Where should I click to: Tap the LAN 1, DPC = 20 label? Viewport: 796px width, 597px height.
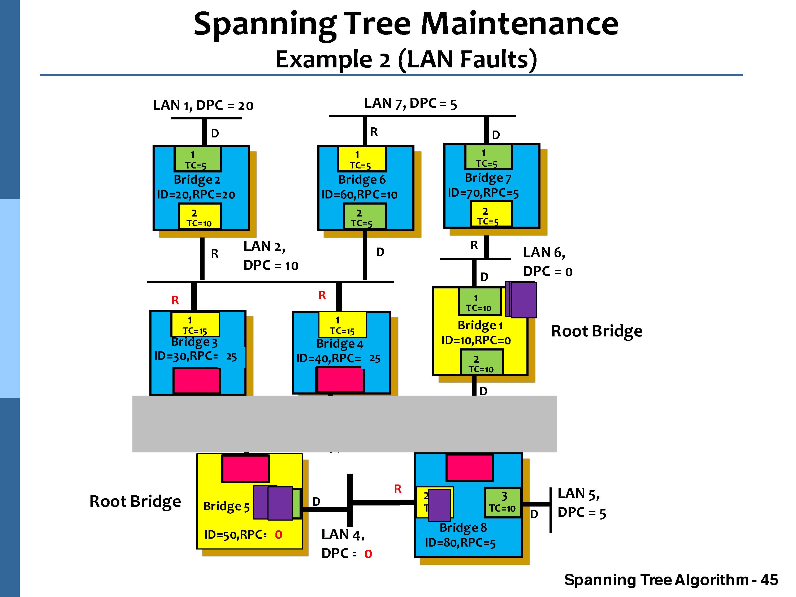point(203,105)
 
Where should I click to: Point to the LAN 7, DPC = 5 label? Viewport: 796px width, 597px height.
point(410,104)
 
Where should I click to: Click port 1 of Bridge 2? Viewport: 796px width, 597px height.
point(198,159)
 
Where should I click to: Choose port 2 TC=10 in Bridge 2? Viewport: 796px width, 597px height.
point(200,217)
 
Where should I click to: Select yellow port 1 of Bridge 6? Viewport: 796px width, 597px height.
point(361,159)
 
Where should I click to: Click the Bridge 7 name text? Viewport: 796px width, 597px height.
point(488,178)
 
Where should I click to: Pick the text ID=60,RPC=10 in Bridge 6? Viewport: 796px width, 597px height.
point(359,195)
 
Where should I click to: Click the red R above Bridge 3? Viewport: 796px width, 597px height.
point(175,300)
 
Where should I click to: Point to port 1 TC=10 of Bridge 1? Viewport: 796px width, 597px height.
point(479,302)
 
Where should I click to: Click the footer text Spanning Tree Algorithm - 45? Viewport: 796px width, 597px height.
point(671,580)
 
